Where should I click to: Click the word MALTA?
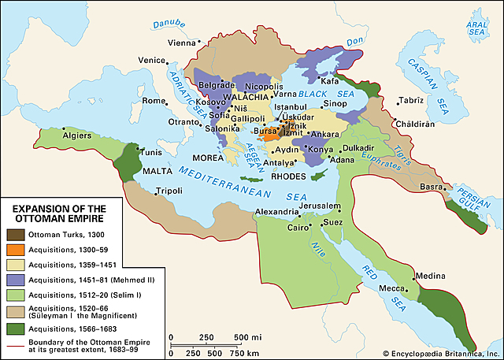(x=159, y=169)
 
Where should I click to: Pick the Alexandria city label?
(x=276, y=213)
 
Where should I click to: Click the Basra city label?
(x=431, y=187)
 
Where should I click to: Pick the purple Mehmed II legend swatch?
(x=15, y=279)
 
